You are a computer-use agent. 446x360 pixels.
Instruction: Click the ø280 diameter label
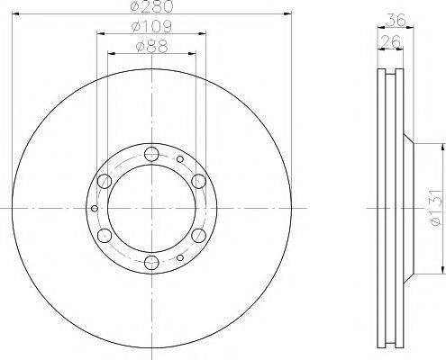(151, 8)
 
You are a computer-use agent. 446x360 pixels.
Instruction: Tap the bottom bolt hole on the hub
(151, 263)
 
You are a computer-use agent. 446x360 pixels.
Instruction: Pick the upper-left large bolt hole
(105, 181)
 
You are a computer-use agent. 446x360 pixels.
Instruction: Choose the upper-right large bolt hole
(198, 181)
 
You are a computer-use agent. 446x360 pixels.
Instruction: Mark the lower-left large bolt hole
(105, 236)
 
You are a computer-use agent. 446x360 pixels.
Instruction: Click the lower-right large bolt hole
(198, 236)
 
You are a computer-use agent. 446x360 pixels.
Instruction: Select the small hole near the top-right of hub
(180, 159)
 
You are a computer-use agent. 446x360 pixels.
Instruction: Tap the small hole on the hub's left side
(96, 208)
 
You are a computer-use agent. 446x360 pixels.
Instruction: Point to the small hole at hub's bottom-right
(180, 257)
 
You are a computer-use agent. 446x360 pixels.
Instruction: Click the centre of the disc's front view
(151, 208)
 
